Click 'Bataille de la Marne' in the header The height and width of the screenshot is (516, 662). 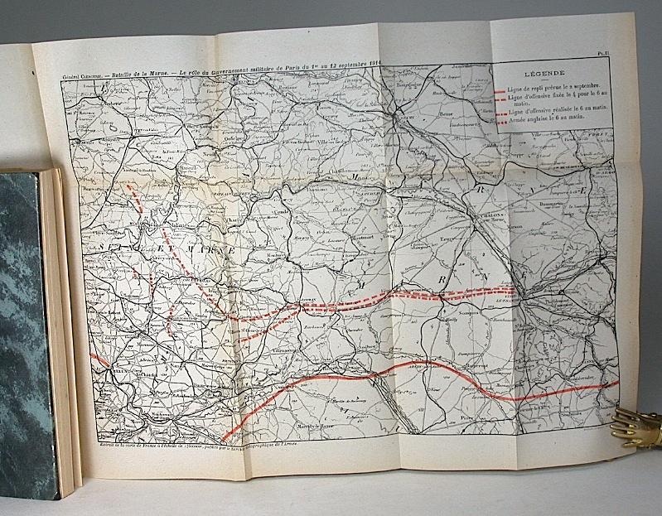(x=148, y=76)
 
